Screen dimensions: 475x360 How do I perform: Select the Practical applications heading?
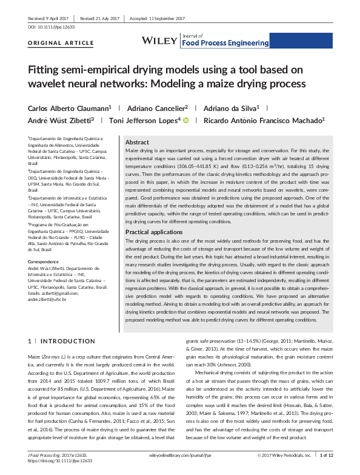point(155,215)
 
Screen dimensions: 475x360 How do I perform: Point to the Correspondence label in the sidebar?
point(46,261)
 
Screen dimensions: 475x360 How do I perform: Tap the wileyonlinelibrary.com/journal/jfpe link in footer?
point(181,454)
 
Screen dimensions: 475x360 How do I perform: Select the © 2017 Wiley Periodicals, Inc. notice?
point(284,454)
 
